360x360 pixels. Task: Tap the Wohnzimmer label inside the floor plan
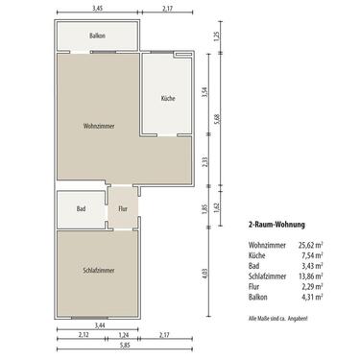[100, 126]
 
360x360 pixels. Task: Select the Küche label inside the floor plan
[168, 99]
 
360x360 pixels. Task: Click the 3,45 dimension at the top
[99, 9]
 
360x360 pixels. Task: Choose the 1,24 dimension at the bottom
[124, 334]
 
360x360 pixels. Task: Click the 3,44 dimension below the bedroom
[99, 327]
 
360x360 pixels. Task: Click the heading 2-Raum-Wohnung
[276, 225]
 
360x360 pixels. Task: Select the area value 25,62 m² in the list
[309, 245]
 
